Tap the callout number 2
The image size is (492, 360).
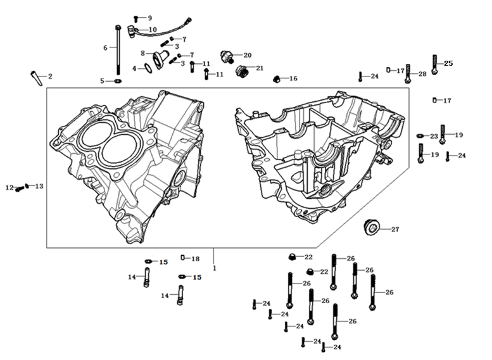click(50, 76)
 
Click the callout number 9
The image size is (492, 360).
click(149, 17)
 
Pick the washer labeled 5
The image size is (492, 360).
click(118, 81)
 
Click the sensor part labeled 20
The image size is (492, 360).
click(227, 55)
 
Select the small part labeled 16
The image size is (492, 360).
click(276, 79)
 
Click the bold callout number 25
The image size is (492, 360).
click(448, 63)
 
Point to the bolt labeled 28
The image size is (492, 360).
click(407, 74)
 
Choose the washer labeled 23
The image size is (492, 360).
click(420, 136)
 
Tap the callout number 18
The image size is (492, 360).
click(195, 259)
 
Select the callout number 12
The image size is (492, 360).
click(9, 188)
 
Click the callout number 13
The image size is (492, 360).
click(39, 186)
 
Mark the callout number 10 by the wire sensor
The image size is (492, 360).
click(153, 30)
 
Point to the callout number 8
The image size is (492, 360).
click(143, 53)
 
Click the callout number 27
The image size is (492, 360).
click(394, 230)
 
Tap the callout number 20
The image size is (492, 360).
click(247, 55)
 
